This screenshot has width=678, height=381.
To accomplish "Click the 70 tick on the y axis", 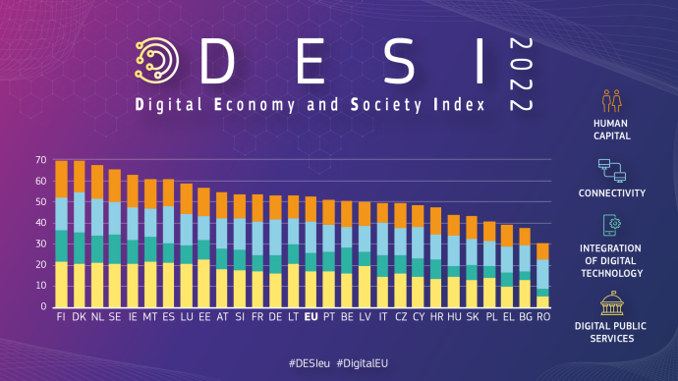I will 40,160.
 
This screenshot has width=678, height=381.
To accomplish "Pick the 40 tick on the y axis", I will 40,223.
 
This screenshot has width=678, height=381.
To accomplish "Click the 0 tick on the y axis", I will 43,306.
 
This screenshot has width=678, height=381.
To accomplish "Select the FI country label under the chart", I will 61,318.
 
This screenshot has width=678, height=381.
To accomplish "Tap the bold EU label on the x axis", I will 311,318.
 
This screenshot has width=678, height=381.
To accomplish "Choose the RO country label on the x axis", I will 542,318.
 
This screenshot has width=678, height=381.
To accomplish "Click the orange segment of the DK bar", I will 80,176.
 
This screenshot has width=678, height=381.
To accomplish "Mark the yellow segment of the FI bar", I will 61,284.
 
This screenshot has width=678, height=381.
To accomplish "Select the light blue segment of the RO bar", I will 542,274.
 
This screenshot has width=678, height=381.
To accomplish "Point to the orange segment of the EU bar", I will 311,209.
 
